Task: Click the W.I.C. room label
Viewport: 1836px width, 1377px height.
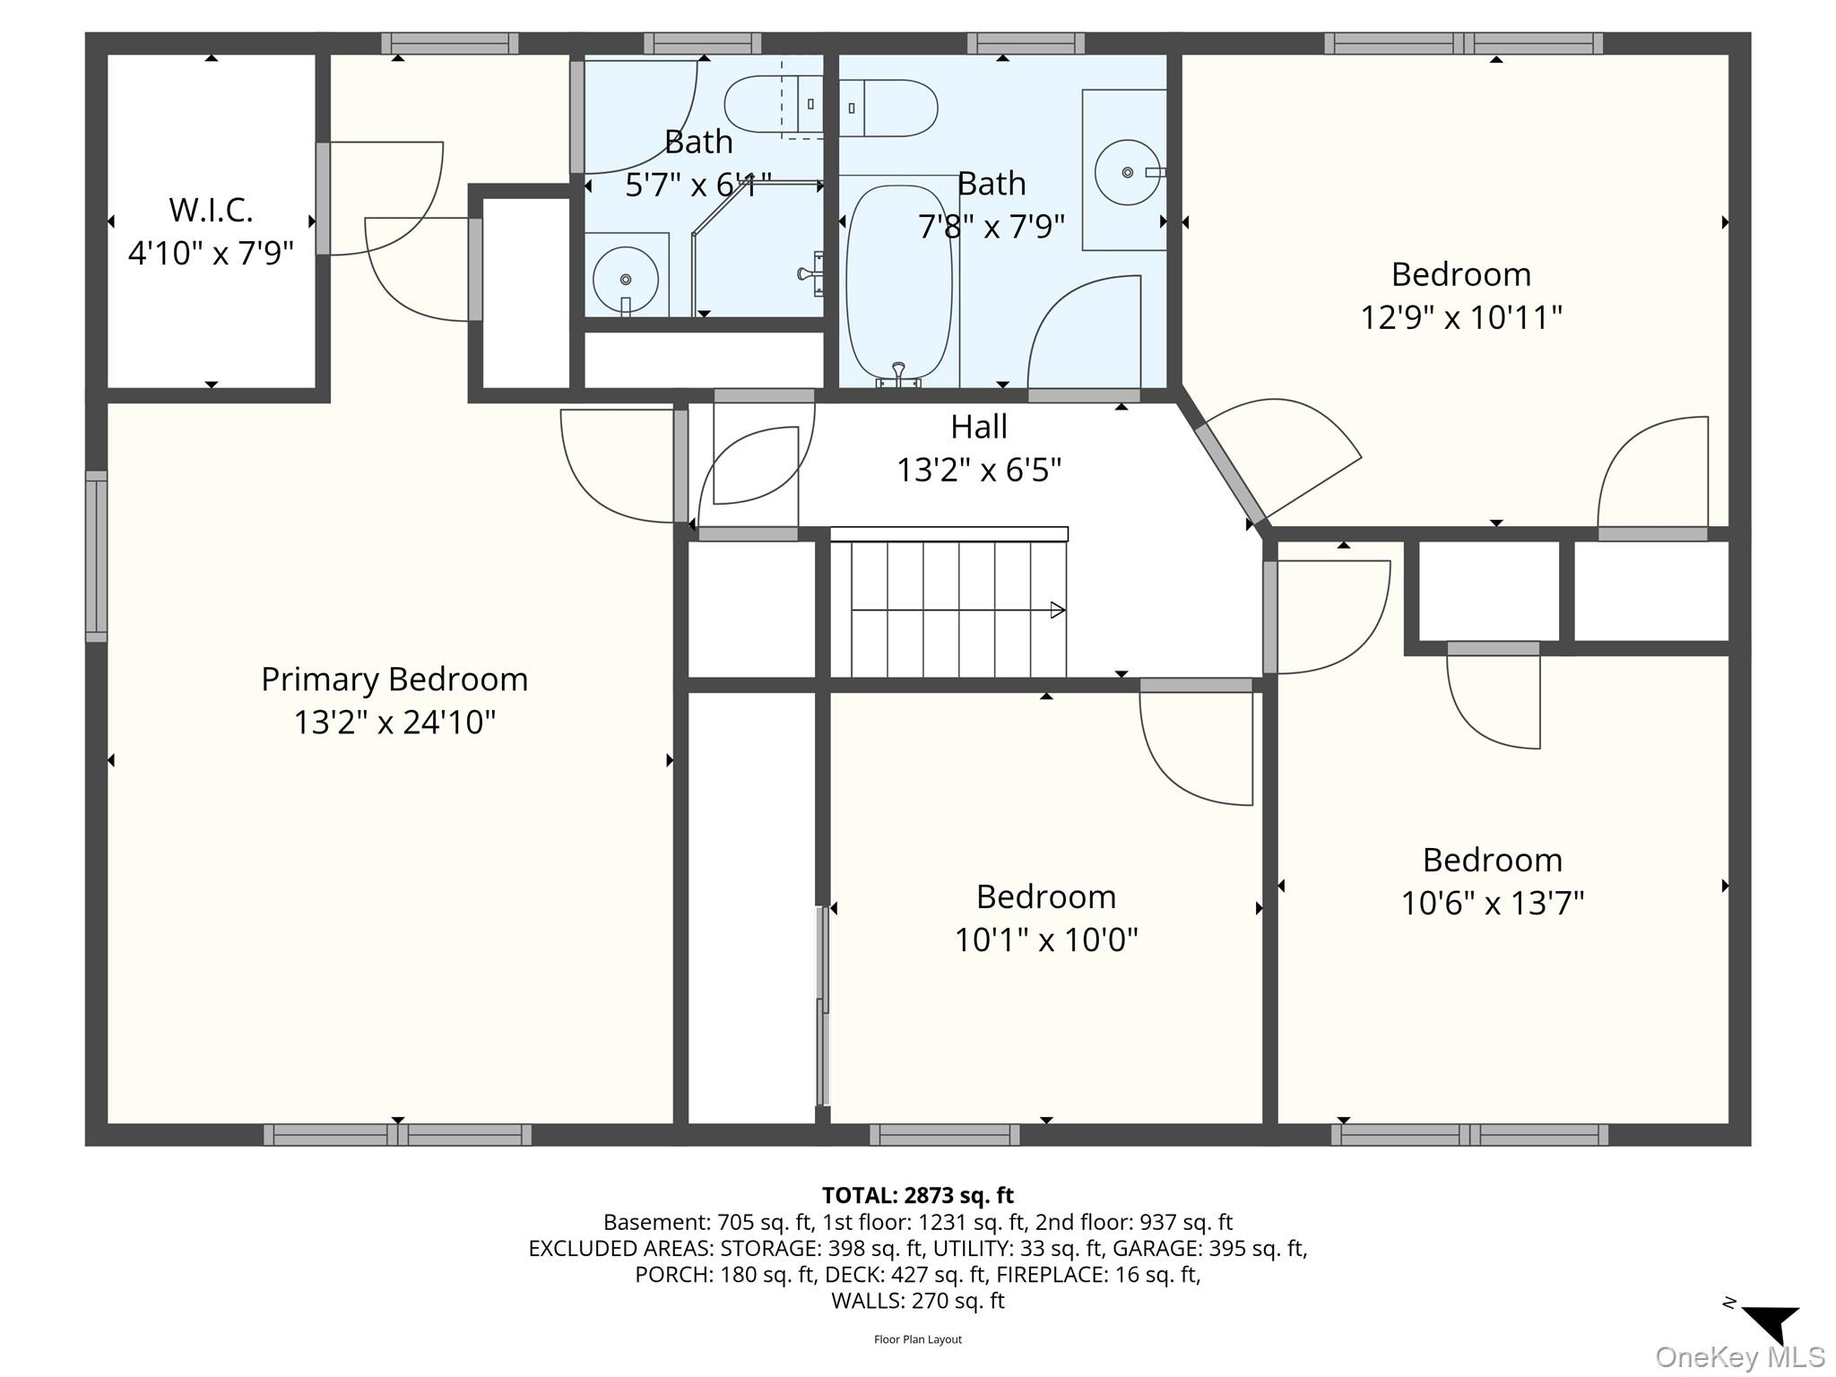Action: (x=211, y=210)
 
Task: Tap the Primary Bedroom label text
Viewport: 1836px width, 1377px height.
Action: (x=394, y=680)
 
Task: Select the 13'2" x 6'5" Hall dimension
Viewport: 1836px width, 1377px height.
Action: (x=979, y=470)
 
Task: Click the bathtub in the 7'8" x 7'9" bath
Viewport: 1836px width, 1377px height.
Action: (x=898, y=282)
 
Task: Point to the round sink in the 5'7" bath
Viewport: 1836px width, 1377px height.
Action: (x=626, y=280)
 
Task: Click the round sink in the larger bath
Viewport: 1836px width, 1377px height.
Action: (x=1127, y=172)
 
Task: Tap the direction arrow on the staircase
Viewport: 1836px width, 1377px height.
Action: (x=1057, y=611)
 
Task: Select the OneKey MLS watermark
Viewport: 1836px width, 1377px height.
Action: (x=1739, y=1357)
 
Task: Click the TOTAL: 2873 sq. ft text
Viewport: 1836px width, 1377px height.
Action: (x=917, y=1195)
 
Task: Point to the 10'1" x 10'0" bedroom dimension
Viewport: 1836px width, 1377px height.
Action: (x=1045, y=940)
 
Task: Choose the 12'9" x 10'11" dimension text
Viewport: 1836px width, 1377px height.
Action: (x=1461, y=317)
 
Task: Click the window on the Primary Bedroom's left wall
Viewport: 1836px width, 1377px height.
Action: (x=96, y=556)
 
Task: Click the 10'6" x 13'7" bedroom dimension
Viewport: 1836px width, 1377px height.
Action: (x=1492, y=903)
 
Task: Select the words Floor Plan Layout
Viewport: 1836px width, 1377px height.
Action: (x=917, y=1339)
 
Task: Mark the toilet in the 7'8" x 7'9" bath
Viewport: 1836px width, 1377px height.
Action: (x=888, y=108)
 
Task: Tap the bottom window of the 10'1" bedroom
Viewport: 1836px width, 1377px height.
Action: (x=944, y=1135)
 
